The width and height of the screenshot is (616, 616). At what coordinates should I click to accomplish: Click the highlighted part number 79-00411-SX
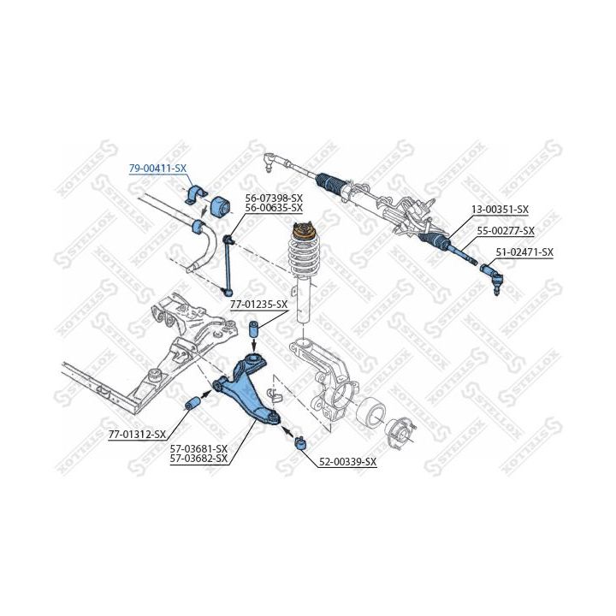pos(157,169)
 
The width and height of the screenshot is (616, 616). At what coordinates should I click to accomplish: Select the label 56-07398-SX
pos(274,198)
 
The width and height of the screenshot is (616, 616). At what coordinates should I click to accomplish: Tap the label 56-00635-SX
pos(274,207)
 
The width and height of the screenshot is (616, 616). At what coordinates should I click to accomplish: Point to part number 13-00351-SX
pos(500,209)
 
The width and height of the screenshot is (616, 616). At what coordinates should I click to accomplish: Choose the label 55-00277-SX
pos(506,230)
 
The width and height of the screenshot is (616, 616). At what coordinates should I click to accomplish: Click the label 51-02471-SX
pos(525,252)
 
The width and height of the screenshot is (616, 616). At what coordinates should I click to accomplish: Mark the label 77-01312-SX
pos(137,435)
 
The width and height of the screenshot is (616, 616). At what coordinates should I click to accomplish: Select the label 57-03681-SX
pos(198,448)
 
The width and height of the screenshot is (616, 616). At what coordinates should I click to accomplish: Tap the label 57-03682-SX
pos(198,459)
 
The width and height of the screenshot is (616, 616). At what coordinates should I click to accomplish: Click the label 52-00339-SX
pos(347,462)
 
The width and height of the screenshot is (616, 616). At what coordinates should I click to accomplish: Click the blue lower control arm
pos(248,389)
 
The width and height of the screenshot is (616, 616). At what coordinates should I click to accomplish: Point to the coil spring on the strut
pos(303,260)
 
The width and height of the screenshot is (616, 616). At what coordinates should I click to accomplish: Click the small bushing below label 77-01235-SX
pos(253,330)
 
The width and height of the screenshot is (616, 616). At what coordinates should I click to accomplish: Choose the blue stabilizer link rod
pos(228,261)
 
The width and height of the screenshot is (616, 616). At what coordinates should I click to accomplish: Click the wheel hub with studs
pos(400,431)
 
